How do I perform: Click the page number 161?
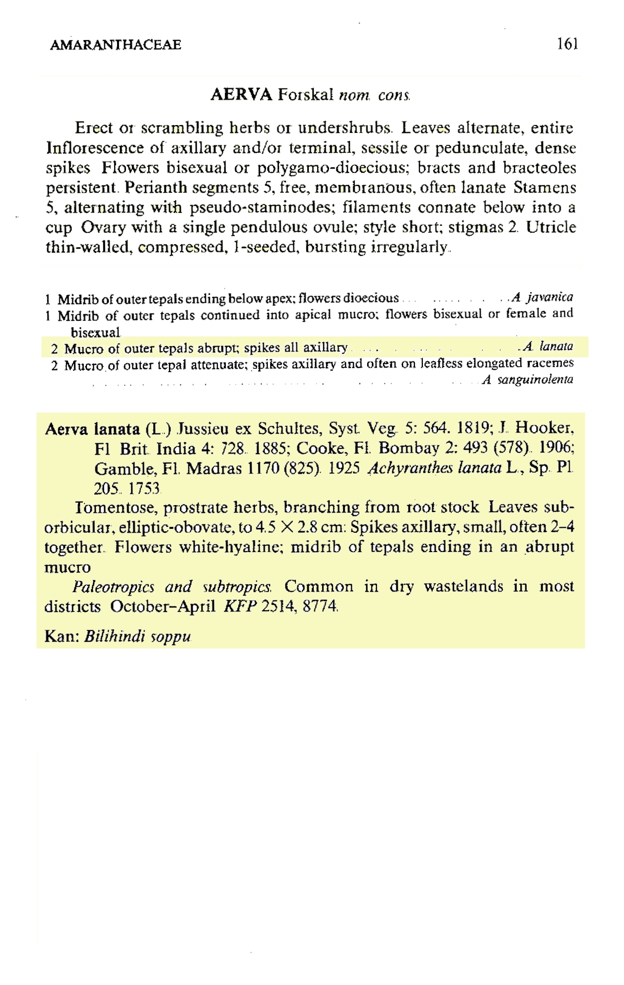click(x=567, y=44)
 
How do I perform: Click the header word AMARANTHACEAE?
click(x=116, y=45)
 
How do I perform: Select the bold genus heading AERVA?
click(x=241, y=94)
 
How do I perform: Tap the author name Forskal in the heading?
click(x=305, y=94)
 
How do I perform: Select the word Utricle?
click(x=551, y=227)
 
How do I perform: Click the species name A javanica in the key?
click(x=542, y=297)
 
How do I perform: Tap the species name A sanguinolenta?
click(x=528, y=380)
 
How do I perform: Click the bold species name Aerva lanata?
click(x=92, y=428)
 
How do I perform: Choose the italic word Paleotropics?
click(x=113, y=587)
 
